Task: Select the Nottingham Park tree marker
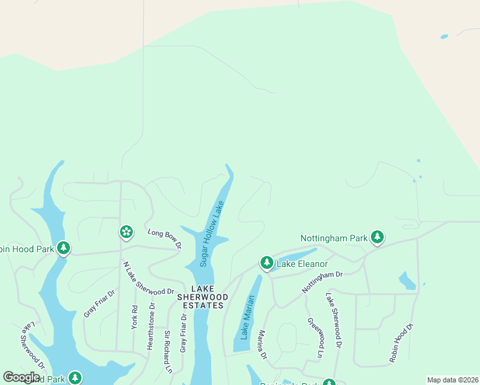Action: (378, 238)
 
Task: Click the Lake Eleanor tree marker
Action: (267, 262)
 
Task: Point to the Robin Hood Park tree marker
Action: (63, 248)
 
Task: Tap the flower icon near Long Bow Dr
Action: (126, 232)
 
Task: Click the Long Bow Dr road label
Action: (165, 238)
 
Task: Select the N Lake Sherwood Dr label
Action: (148, 278)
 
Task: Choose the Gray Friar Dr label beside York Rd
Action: (99, 304)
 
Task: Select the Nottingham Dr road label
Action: (323, 282)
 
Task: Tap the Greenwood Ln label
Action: (314, 338)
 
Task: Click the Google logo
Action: (21, 377)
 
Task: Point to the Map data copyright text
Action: (452, 380)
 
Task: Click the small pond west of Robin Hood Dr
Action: (406, 280)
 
